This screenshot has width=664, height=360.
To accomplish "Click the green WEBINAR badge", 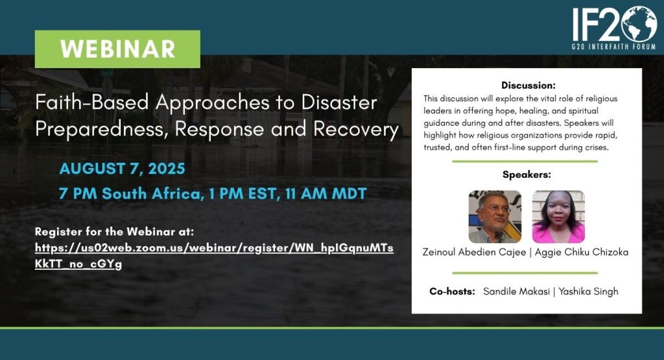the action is [x=117, y=49].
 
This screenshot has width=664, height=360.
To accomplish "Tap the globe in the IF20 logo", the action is [x=639, y=24].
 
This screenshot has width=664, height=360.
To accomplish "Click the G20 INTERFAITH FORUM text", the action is [x=613, y=47].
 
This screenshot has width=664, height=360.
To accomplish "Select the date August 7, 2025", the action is [x=122, y=169].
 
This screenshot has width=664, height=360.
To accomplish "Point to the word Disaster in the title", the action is [x=339, y=102].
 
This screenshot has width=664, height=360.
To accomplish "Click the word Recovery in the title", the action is [x=356, y=129].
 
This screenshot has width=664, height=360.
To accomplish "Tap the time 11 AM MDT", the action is [x=326, y=193].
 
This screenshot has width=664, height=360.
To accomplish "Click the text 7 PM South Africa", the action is [x=130, y=193].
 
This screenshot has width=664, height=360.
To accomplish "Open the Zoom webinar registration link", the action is [x=214, y=256].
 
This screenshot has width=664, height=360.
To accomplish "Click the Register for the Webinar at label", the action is [x=114, y=232].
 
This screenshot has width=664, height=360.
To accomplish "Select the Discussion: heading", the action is [x=528, y=85].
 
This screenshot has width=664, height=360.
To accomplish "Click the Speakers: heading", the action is [x=527, y=174].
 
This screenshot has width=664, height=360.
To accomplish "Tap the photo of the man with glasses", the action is [x=495, y=217].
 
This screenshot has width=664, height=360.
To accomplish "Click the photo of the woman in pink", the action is [x=558, y=217].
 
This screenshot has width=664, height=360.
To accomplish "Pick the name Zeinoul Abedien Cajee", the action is [x=474, y=252].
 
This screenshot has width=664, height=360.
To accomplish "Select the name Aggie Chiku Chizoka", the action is [x=582, y=252].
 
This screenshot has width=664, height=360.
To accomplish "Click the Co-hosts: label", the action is [x=452, y=291].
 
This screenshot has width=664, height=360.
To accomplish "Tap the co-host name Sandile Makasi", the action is [x=516, y=291].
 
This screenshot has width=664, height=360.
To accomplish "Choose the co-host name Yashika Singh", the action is [x=588, y=292].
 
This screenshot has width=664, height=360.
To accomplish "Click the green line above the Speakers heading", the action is [x=525, y=162].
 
